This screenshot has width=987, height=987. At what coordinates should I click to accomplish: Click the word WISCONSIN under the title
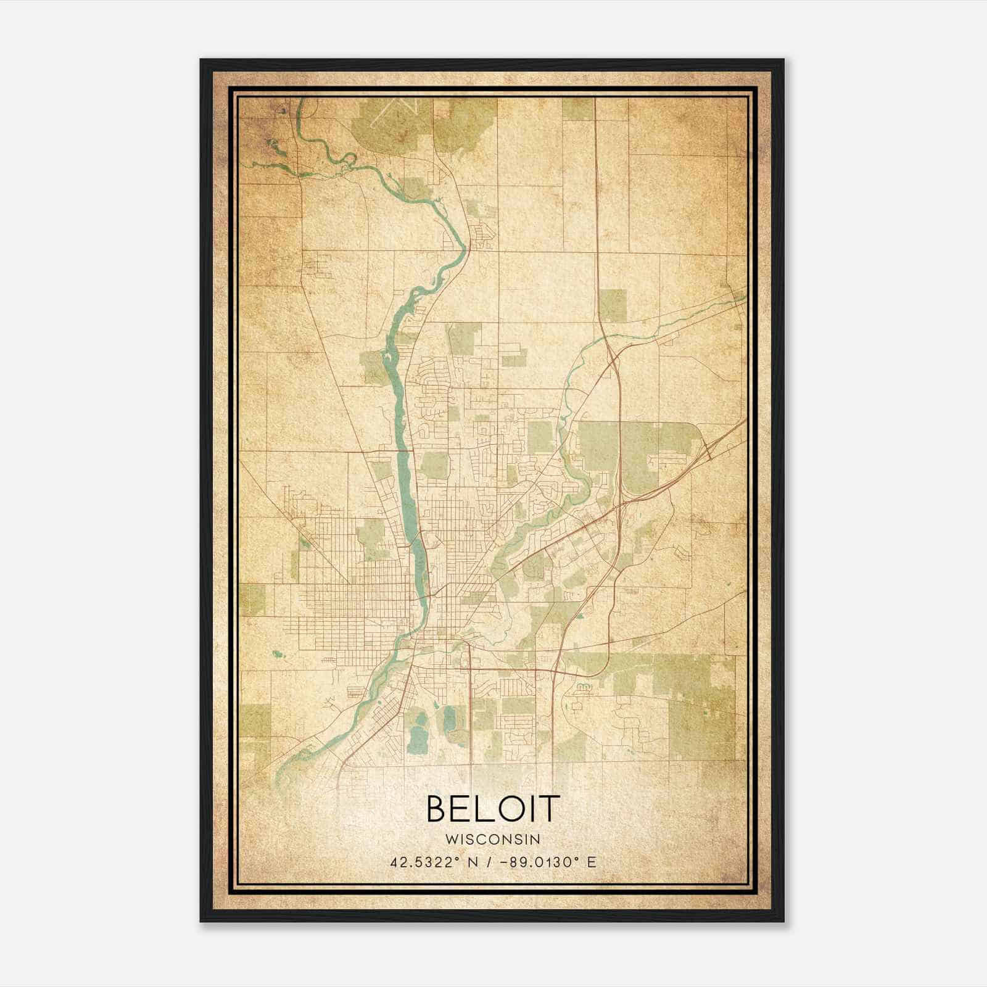[x=493, y=839]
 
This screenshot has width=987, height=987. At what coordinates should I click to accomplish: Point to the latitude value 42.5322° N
[x=432, y=862]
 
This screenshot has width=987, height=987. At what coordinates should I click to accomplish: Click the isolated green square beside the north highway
[x=612, y=305]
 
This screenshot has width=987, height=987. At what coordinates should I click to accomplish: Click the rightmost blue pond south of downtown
[x=448, y=719]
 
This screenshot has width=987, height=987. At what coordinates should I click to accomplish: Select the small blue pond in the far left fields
[x=275, y=653]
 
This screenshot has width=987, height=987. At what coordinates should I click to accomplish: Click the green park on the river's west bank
[x=373, y=366]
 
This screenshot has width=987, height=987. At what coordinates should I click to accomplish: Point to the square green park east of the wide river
[x=435, y=465]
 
